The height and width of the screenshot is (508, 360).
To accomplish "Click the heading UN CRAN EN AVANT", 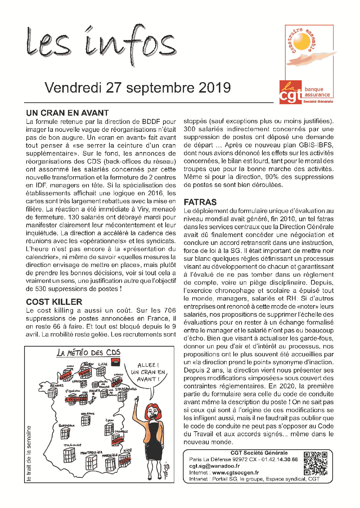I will pos(67,113).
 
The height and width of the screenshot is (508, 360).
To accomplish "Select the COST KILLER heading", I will pos(54,302).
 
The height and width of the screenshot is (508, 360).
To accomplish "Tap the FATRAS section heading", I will pos(200,202).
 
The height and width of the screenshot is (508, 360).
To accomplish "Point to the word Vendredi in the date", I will pos(72,88).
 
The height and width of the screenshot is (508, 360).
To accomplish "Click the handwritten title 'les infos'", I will pos(101,45).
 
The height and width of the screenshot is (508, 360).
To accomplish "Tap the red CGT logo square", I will pos(291,93).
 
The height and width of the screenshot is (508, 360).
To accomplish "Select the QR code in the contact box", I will pos(315,464).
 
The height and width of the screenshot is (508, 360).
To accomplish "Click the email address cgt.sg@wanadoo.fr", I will pos(214,466).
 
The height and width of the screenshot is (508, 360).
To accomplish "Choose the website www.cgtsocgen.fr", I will pos(235,472).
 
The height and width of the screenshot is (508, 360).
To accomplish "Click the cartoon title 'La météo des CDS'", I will pos(89,353).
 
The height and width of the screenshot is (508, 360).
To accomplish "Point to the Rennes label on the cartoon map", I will pos(57,386).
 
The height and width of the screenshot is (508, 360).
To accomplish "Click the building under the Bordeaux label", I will pos(65,434).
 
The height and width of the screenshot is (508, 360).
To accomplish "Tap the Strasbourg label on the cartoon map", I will pos(126,389).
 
